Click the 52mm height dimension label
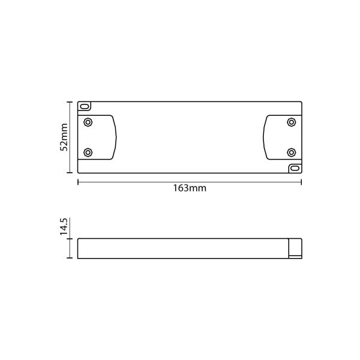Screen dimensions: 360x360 64,138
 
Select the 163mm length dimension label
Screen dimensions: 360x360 190,188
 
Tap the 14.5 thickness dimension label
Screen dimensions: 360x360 64,228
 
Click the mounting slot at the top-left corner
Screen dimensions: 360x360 85,106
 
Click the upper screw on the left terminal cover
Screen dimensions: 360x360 88,122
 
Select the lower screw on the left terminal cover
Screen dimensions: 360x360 88,152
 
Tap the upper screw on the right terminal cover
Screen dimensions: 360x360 291,122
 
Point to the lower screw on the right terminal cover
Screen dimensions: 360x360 291,152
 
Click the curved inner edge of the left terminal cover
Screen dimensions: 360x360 115,137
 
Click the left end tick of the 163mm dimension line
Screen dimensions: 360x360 78,181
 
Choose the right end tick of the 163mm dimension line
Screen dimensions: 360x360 301,181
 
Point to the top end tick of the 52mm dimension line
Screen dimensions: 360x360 71,101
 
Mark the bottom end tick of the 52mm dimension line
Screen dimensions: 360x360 71,174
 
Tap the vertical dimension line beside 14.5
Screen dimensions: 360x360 71,248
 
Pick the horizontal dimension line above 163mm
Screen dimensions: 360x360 190,181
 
